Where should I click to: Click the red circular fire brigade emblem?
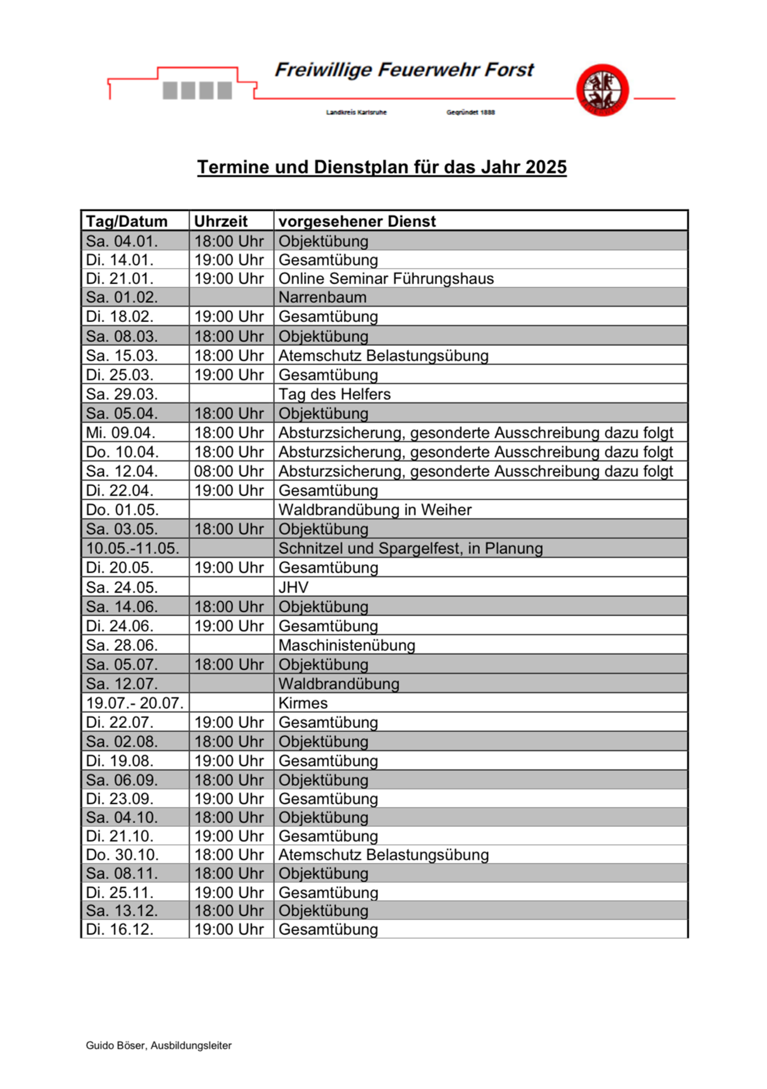click(x=602, y=90)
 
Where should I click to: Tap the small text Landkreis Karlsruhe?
click(x=356, y=112)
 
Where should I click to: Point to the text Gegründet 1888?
click(x=470, y=112)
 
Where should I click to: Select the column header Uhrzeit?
click(x=221, y=221)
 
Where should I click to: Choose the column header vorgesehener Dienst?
click(x=357, y=221)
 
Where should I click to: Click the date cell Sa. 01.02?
click(x=122, y=297)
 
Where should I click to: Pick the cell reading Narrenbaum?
click(x=322, y=297)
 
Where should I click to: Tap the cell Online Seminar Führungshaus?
click(x=386, y=279)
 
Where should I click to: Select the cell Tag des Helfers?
click(x=334, y=394)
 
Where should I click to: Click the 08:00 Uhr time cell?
click(x=229, y=472)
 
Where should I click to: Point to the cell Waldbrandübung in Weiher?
click(x=374, y=510)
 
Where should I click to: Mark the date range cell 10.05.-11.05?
click(x=133, y=548)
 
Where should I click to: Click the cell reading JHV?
click(x=294, y=587)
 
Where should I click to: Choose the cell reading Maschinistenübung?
click(x=346, y=645)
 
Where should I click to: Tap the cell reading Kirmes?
click(x=303, y=703)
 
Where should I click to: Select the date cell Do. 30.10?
click(x=122, y=855)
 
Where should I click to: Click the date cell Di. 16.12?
click(x=120, y=929)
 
